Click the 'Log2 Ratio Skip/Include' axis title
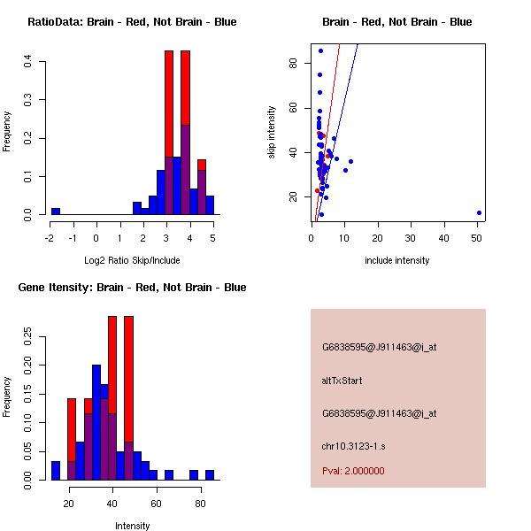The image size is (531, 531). pyautogui.click(x=132, y=260)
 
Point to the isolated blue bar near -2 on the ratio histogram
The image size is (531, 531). pyautogui.click(x=56, y=212)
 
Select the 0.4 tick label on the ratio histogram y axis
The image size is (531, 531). pyautogui.click(x=28, y=61)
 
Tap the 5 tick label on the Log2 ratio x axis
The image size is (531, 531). pyautogui.click(x=213, y=238)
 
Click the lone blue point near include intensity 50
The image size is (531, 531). pyautogui.click(x=479, y=212)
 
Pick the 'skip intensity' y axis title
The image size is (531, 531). pyautogui.click(x=273, y=133)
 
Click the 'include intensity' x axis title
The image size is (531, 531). pyautogui.click(x=396, y=260)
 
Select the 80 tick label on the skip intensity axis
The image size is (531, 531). pyautogui.click(x=291, y=63)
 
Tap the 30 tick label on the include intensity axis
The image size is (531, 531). pyautogui.click(x=411, y=238)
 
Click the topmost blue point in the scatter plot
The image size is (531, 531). pyautogui.click(x=320, y=50)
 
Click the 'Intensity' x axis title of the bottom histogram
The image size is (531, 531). pyautogui.click(x=132, y=526)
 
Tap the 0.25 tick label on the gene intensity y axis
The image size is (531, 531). pyautogui.click(x=28, y=337)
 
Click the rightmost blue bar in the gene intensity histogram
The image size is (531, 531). pyautogui.click(x=210, y=475)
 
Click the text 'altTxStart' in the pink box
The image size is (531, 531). pyautogui.click(x=342, y=381)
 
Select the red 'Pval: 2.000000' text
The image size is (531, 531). pyautogui.click(x=353, y=471)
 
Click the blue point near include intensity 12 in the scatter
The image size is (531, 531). pyautogui.click(x=350, y=161)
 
